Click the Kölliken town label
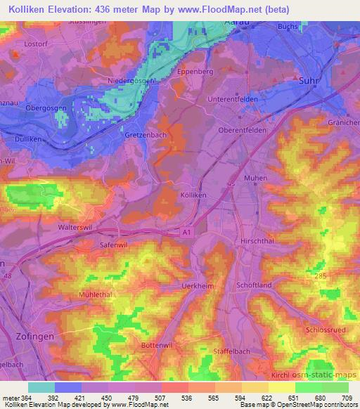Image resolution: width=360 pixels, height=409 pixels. coord(193,193)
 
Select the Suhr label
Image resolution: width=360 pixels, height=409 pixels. coord(310,80)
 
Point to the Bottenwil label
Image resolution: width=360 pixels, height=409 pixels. coord(157,346)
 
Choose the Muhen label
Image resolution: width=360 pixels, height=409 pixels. coord(255,178)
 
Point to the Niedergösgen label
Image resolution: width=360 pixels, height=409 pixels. coord(131,82)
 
